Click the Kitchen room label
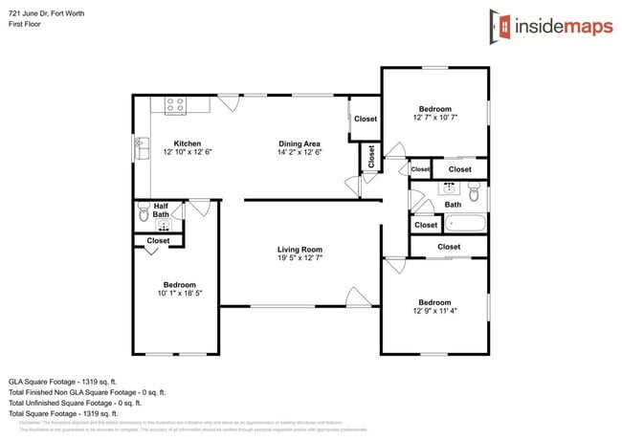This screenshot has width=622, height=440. coord(187,143)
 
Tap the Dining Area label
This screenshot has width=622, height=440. coord(300,143)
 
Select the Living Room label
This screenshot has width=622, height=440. coord(300,249)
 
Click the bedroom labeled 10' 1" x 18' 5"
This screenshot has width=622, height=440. coord(180,285)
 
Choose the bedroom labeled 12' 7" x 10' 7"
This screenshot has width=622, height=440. coord(434,109)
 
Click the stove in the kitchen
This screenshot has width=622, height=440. coord(175,105)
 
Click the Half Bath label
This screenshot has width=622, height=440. coord(161,209)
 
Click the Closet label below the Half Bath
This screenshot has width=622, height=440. coord(158,241)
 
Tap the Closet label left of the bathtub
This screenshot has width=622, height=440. coord(426,226)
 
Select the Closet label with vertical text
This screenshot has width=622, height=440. coord(369,156)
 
